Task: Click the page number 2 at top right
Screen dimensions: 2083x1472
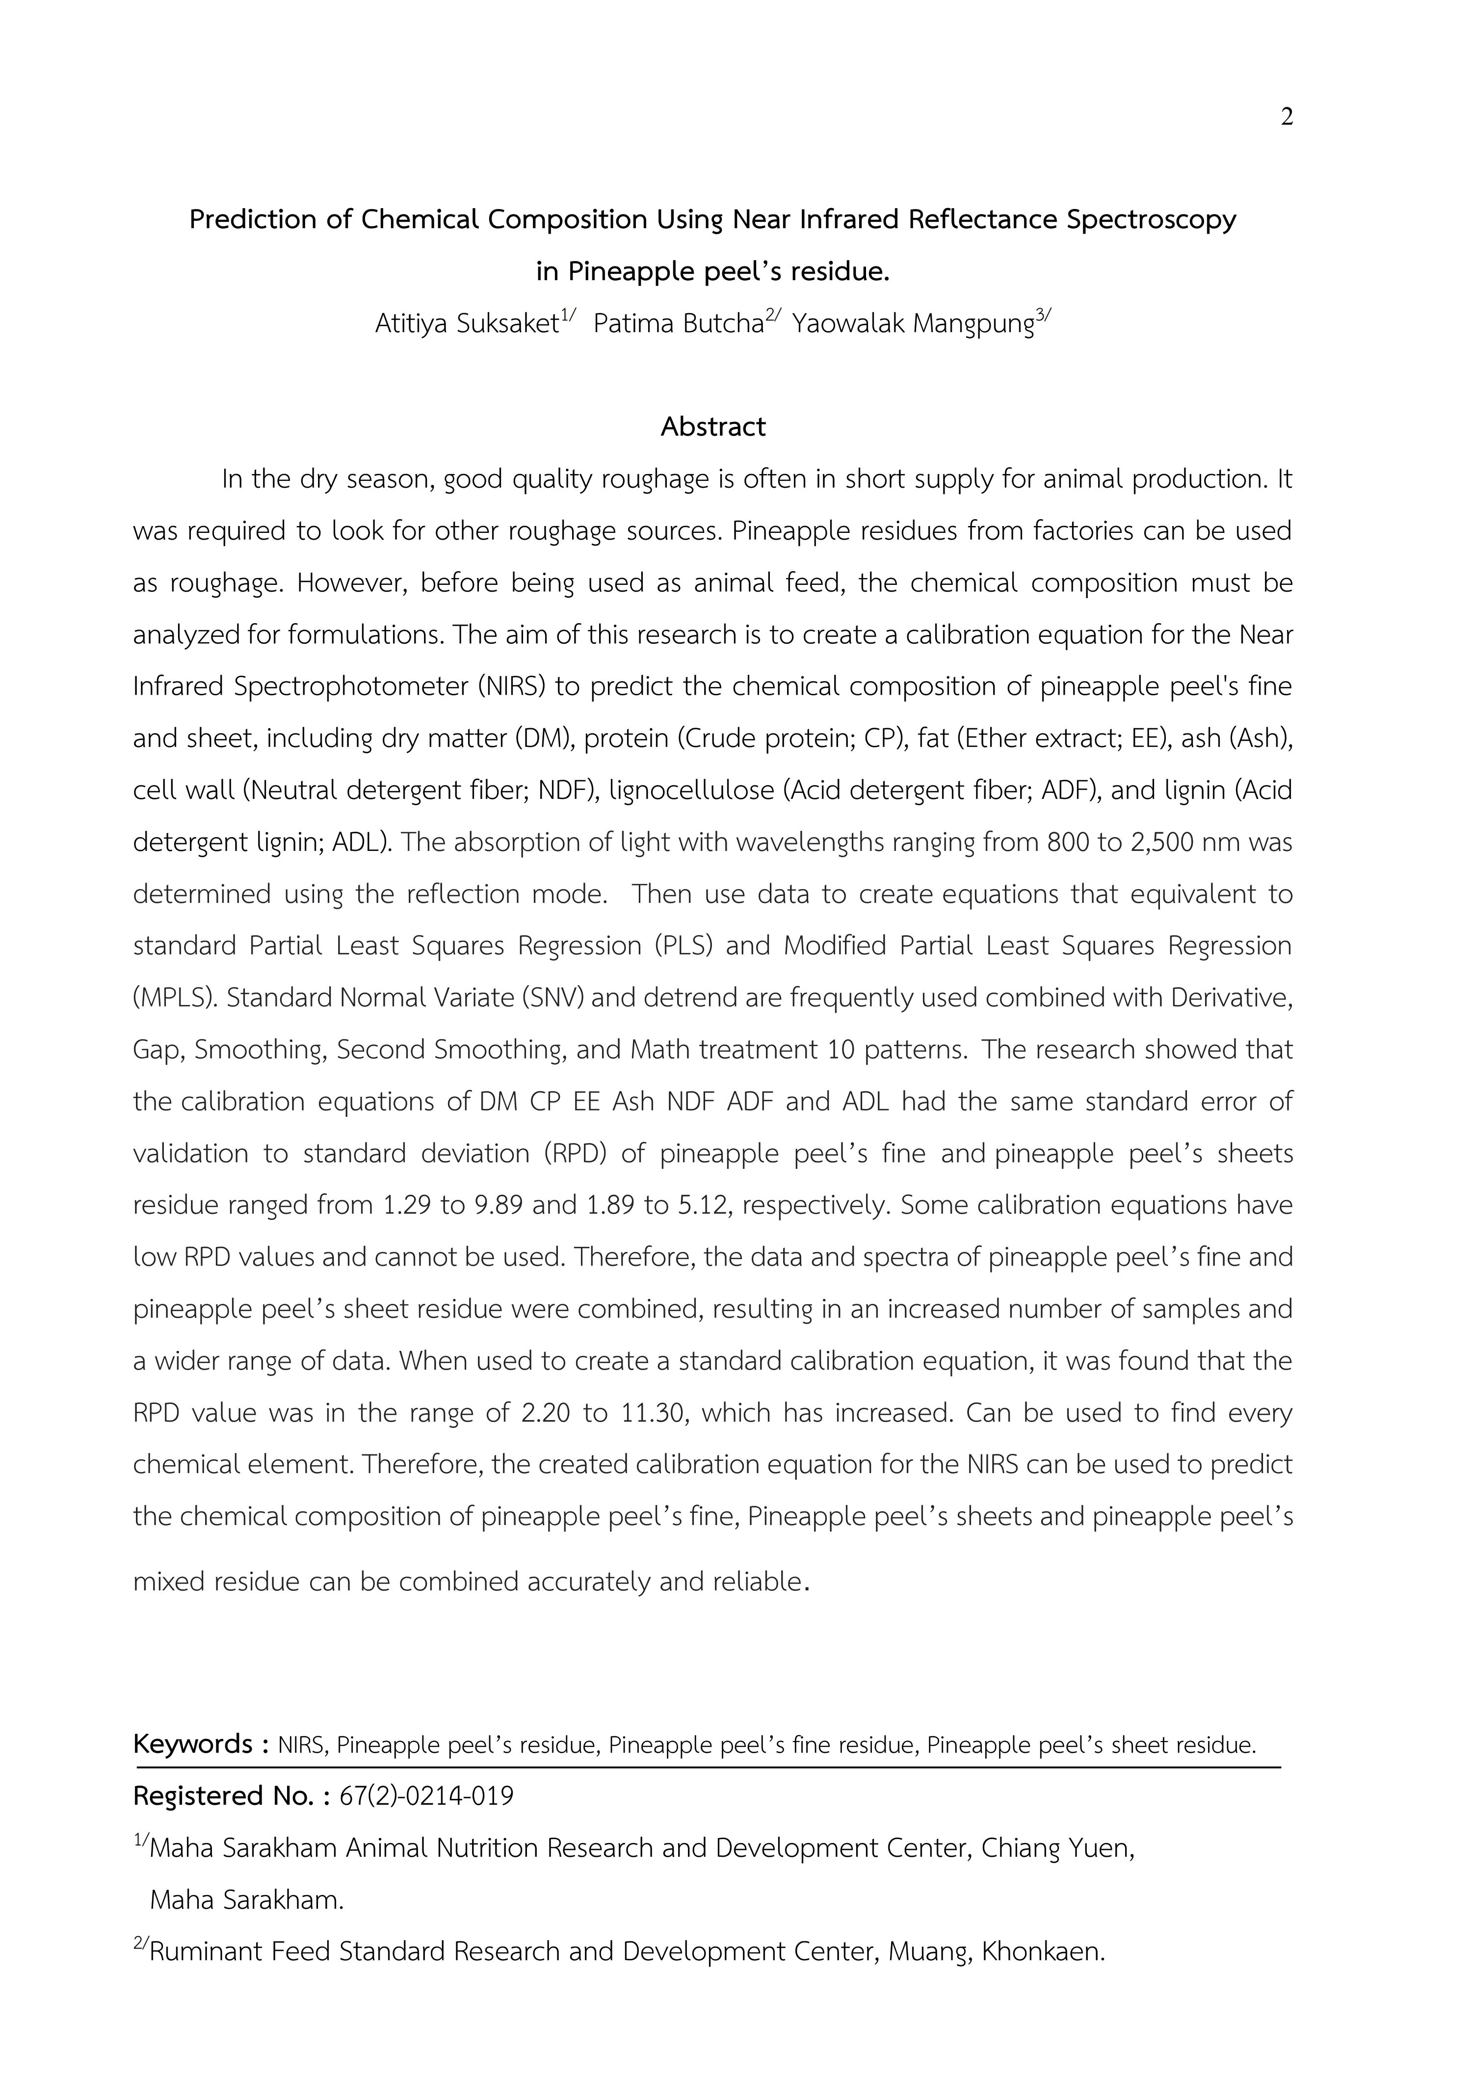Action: tap(1286, 117)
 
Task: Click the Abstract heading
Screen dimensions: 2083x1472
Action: tap(713, 426)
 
